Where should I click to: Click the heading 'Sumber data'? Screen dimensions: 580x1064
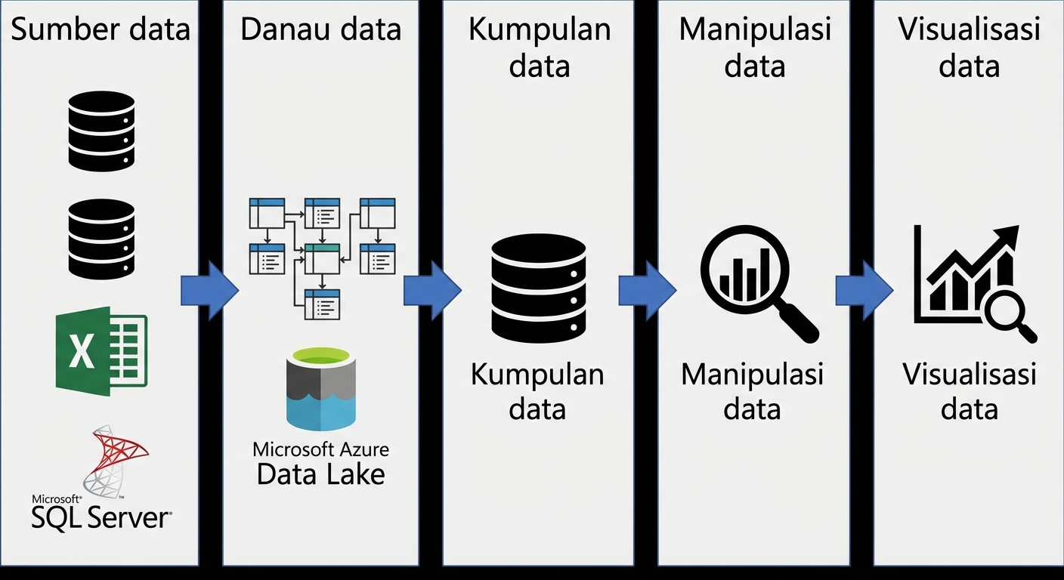(x=101, y=29)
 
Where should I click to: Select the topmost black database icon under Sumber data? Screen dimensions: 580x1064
(x=101, y=131)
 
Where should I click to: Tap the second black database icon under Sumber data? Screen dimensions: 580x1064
(x=101, y=239)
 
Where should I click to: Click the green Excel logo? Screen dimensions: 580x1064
(x=101, y=351)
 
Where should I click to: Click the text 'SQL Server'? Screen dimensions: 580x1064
(x=101, y=518)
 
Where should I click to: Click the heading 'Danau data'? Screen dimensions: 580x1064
(x=320, y=29)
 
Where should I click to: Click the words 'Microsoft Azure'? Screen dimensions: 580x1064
(x=320, y=449)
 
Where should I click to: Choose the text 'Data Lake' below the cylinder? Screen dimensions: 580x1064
(x=320, y=474)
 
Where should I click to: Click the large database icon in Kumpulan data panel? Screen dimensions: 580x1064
(x=538, y=289)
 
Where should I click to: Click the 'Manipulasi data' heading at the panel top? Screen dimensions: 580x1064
(x=755, y=47)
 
